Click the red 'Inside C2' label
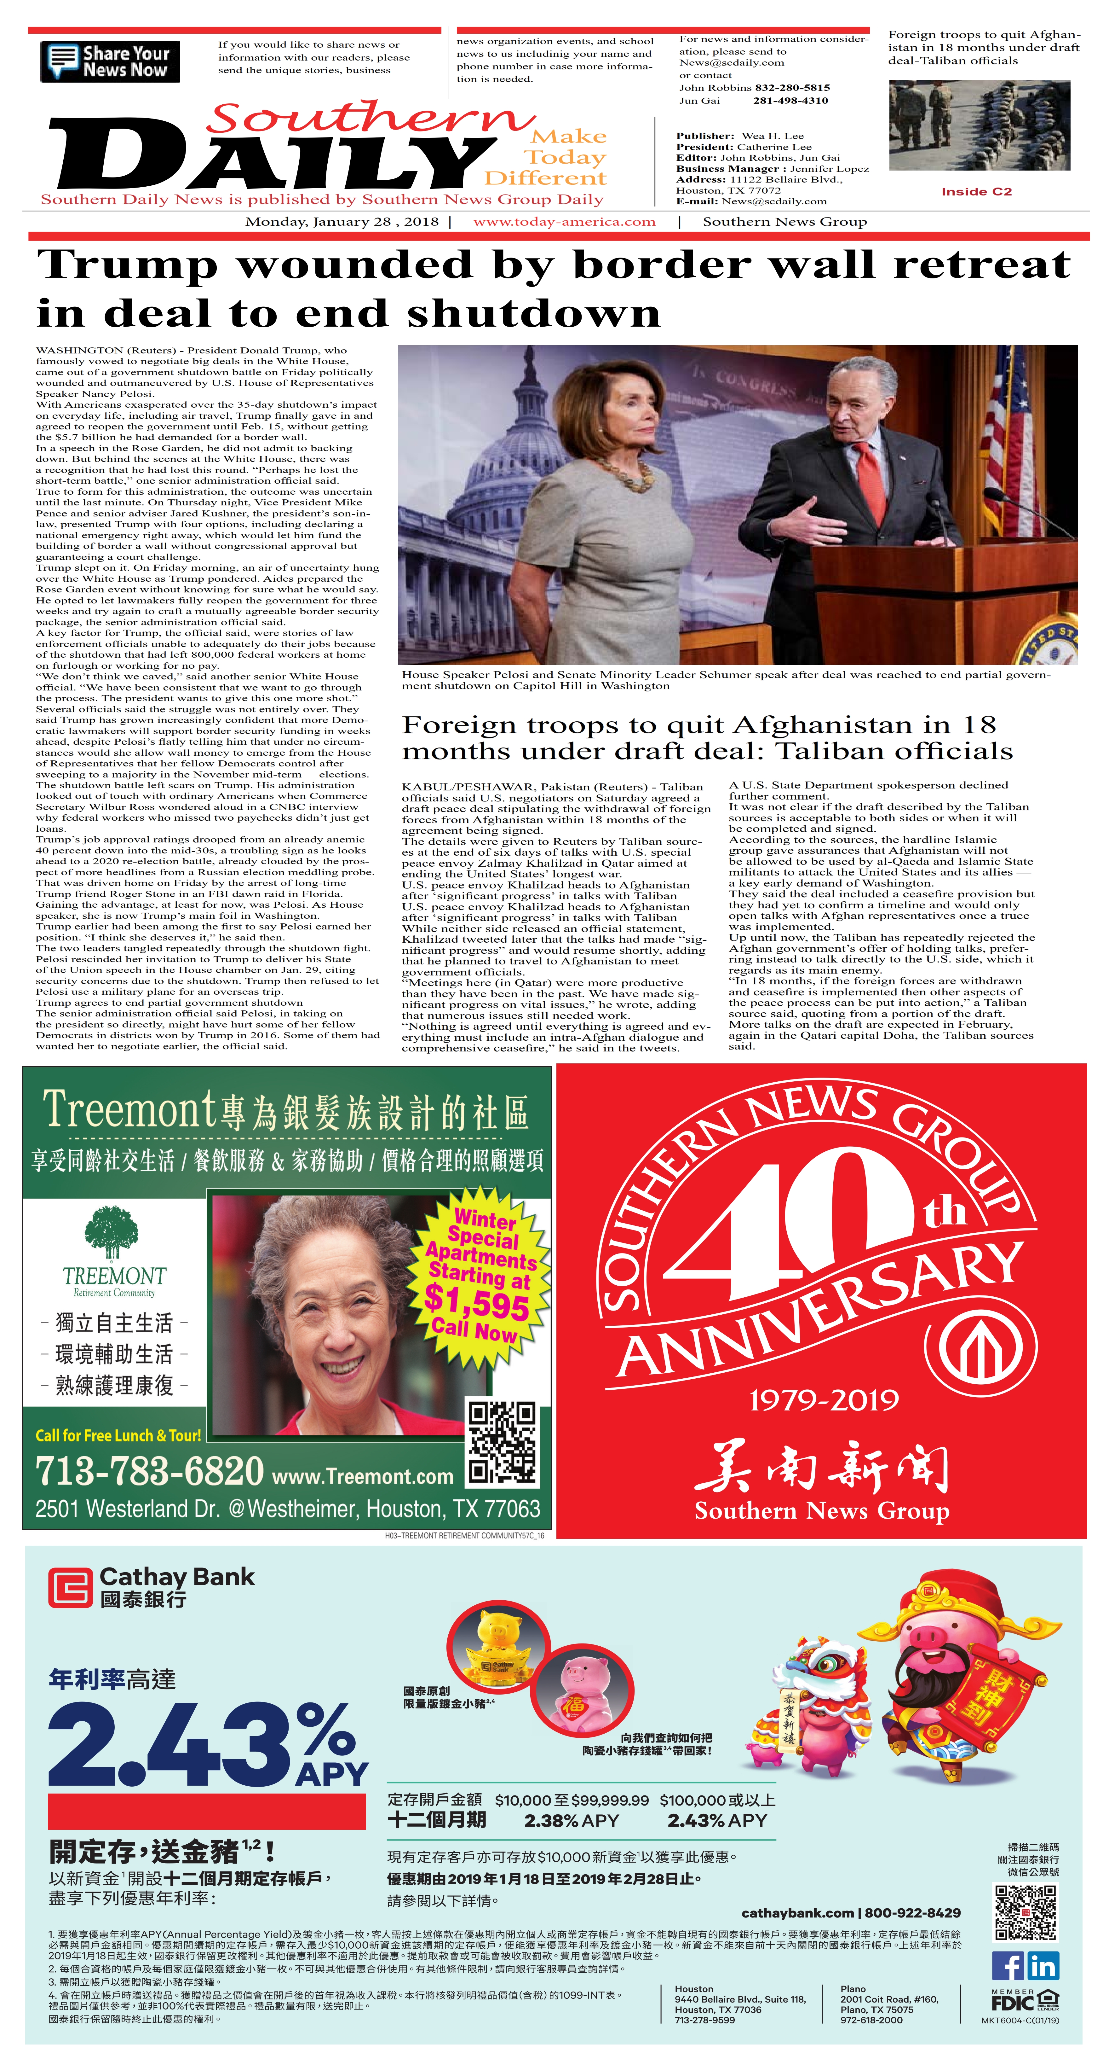tap(976, 192)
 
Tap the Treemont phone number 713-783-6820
tap(149, 1471)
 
